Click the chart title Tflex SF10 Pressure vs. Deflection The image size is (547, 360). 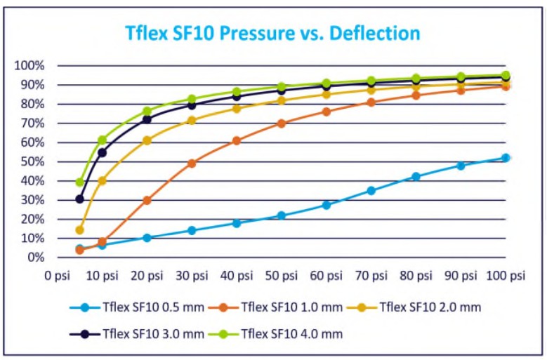(272, 33)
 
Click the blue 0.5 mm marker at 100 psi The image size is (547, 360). (506, 158)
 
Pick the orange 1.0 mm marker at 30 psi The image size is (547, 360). (192, 164)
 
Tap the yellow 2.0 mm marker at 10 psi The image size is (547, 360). (103, 180)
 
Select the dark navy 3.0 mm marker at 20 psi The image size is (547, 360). (147, 119)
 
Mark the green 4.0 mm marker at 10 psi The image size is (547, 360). (103, 140)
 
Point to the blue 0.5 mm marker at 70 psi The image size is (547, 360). (371, 190)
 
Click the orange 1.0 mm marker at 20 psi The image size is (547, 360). (147, 200)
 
